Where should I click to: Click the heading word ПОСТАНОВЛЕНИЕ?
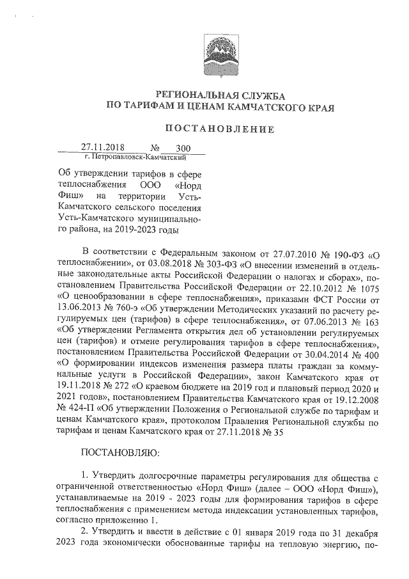(220, 129)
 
